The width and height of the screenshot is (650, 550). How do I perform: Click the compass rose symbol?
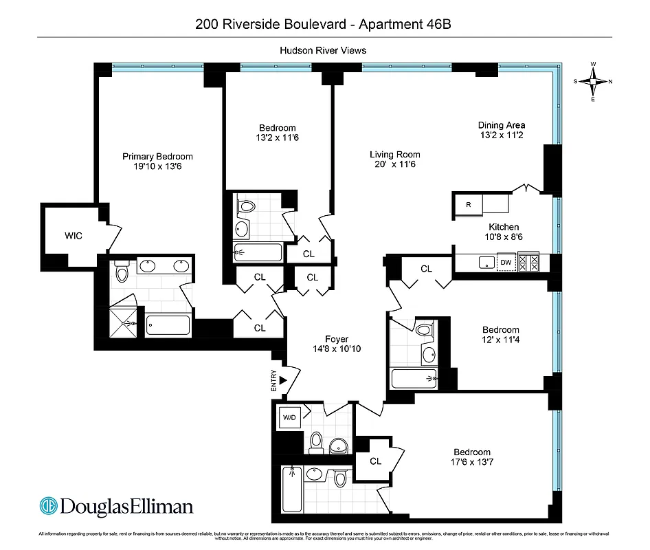pyautogui.click(x=593, y=81)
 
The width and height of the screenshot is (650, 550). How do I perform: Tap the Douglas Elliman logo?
pyautogui.click(x=116, y=507)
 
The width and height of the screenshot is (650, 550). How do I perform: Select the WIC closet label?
pyautogui.click(x=74, y=236)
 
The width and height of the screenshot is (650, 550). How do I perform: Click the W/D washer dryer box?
pyautogui.click(x=288, y=417)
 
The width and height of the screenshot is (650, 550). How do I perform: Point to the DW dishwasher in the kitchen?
pyautogui.click(x=506, y=262)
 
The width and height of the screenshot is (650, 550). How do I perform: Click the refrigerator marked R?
pyautogui.click(x=468, y=204)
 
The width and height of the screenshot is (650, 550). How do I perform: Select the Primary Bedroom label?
pyautogui.click(x=157, y=156)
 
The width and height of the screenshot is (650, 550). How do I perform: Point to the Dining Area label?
pyautogui.click(x=502, y=125)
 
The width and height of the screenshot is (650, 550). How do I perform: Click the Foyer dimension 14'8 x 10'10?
pyautogui.click(x=337, y=349)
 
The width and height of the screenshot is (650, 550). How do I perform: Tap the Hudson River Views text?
pyautogui.click(x=323, y=50)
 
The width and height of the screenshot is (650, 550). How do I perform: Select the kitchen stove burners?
pyautogui.click(x=530, y=262)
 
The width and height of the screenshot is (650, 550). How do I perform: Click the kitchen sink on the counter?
pyautogui.click(x=486, y=262)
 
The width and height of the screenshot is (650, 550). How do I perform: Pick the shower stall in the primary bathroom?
pyautogui.click(x=125, y=322)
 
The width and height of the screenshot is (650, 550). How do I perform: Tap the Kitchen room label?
pyautogui.click(x=504, y=227)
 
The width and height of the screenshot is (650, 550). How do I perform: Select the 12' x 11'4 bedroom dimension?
pyautogui.click(x=500, y=340)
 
